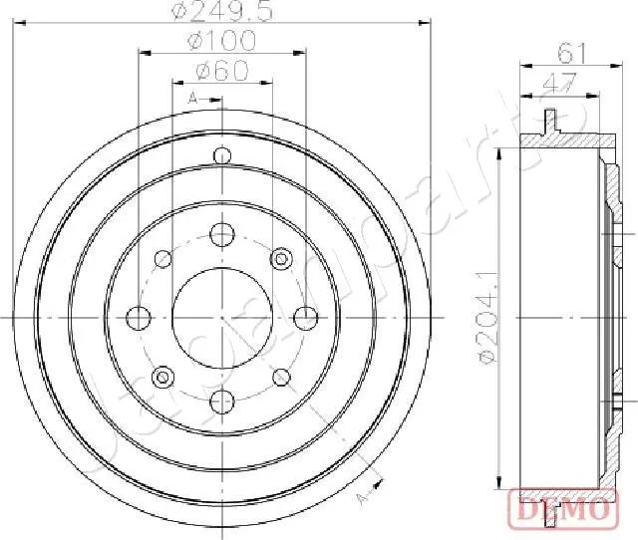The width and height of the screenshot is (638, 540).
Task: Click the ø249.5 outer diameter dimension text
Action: pos(220,13)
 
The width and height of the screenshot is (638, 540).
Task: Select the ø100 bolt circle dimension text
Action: pos(220,41)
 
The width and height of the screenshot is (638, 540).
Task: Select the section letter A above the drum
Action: pos(192,97)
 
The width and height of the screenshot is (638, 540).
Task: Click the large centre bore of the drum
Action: pos(221,317)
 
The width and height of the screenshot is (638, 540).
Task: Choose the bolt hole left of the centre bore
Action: pos(139,317)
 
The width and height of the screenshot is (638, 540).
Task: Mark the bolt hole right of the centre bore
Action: pos(304,317)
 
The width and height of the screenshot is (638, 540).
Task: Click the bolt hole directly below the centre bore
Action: pos(221,400)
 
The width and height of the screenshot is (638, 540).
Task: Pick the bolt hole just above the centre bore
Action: pos(221,235)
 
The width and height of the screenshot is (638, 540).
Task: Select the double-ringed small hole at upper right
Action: pos(281,259)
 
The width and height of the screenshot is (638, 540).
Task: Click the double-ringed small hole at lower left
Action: pos(161,377)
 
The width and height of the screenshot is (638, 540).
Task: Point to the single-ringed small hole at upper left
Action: pos(162,259)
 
